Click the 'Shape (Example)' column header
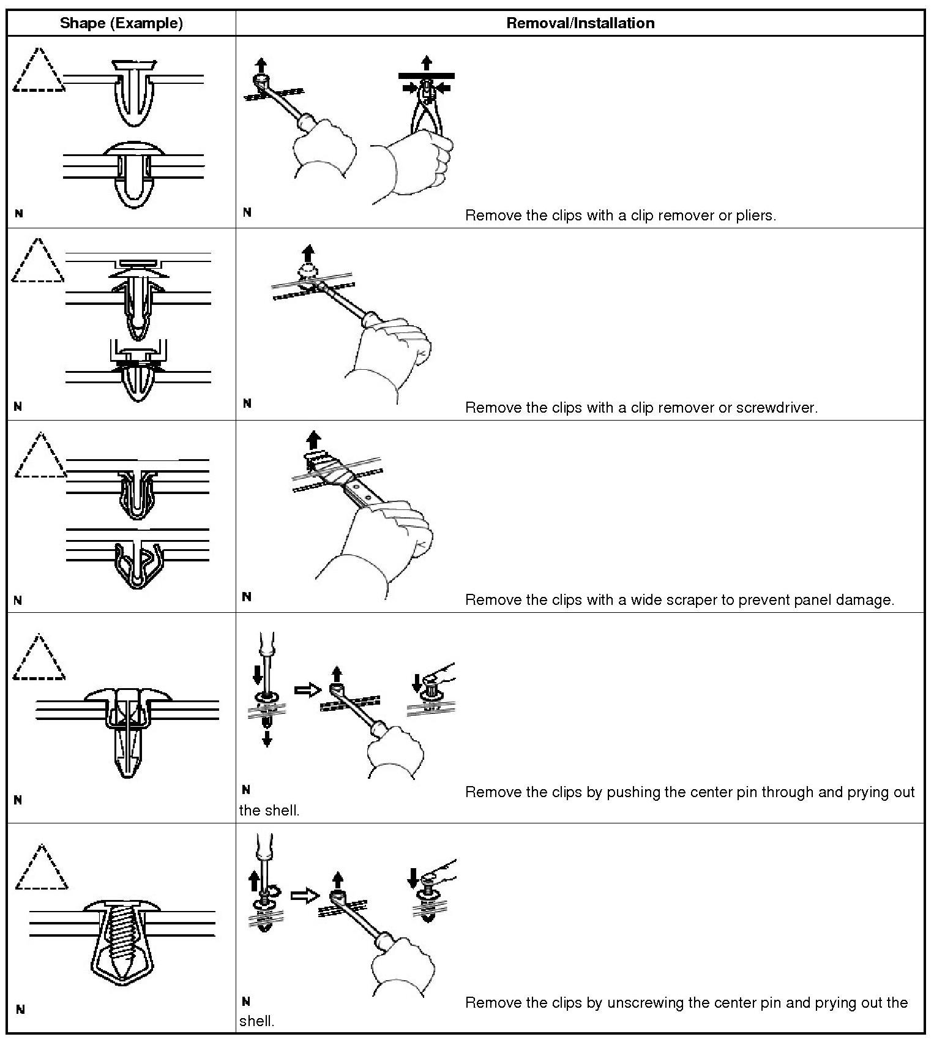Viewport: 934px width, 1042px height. point(121,23)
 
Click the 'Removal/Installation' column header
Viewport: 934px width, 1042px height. point(580,23)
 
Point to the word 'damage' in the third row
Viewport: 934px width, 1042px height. point(866,600)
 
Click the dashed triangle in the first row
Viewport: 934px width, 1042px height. point(38,70)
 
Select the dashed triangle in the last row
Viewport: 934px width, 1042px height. point(41,868)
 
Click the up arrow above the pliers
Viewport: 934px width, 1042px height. point(427,62)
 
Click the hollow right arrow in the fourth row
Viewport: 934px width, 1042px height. point(308,690)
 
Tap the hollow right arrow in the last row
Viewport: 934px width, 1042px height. point(304,896)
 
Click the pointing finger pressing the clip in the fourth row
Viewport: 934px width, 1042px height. point(442,673)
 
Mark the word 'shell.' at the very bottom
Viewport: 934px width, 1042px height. point(256,1021)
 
